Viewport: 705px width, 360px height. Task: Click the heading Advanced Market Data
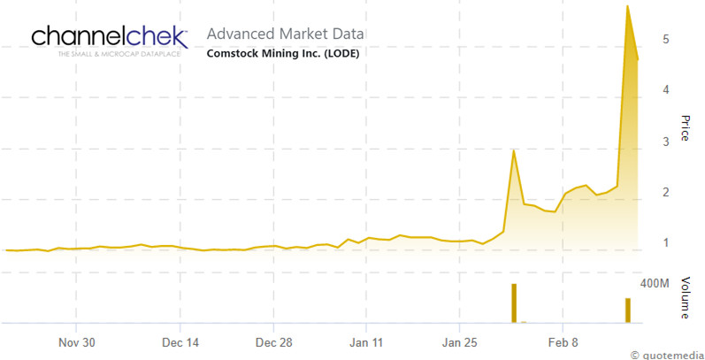click(x=285, y=34)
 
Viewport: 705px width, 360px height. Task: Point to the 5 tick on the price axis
click(x=652, y=40)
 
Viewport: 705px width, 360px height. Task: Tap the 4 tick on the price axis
click(x=652, y=90)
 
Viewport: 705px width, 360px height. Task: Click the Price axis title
click(x=684, y=127)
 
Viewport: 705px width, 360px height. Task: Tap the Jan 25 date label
click(x=458, y=341)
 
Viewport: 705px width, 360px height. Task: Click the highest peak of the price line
click(x=627, y=6)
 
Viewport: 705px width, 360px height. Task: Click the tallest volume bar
click(x=513, y=303)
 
